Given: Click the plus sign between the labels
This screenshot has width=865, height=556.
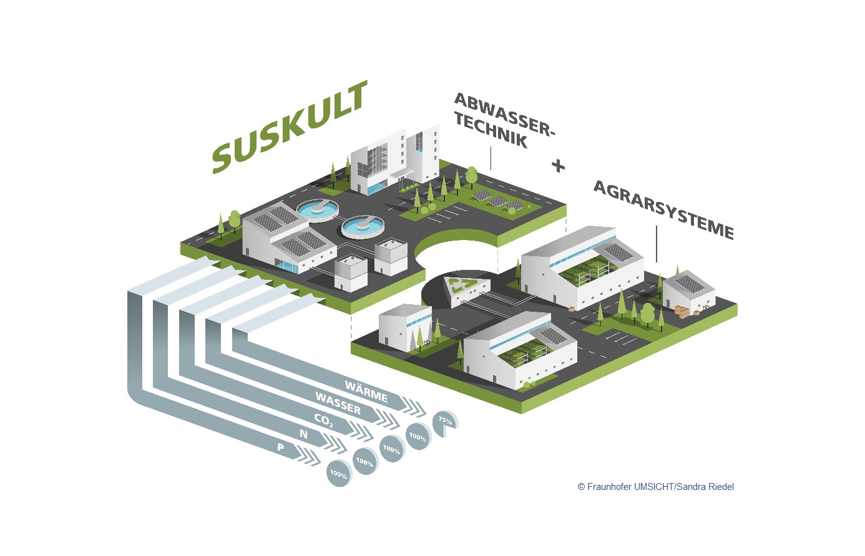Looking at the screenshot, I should click(559, 166).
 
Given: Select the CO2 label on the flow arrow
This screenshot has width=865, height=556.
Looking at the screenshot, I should click(323, 421).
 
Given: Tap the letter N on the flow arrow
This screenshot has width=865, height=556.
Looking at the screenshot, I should click(304, 434).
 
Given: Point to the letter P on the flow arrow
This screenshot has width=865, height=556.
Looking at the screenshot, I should click(281, 447).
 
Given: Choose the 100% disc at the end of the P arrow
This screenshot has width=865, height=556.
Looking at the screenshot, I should click(339, 474).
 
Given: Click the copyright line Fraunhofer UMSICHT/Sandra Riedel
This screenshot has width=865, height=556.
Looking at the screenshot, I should click(655, 487).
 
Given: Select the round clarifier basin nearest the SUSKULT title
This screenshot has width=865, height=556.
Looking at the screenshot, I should click(318, 209).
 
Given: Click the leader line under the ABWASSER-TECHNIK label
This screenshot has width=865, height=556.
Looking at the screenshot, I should click(491, 158).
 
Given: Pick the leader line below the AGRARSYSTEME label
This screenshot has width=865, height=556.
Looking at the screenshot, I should click(657, 244).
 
